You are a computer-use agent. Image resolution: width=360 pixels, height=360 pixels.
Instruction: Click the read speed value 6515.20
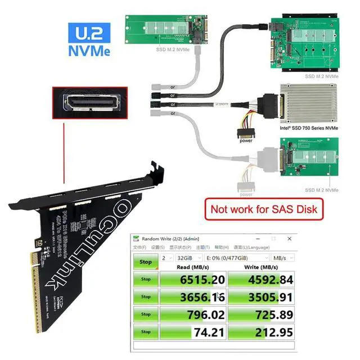[202, 280]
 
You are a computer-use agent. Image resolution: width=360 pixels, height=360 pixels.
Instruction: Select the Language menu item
[253, 247]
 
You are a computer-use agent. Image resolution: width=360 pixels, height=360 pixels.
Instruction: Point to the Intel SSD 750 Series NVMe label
[309, 128]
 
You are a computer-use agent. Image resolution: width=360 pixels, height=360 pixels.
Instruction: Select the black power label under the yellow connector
[246, 141]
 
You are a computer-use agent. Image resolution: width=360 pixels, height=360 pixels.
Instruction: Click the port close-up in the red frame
[89, 102]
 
